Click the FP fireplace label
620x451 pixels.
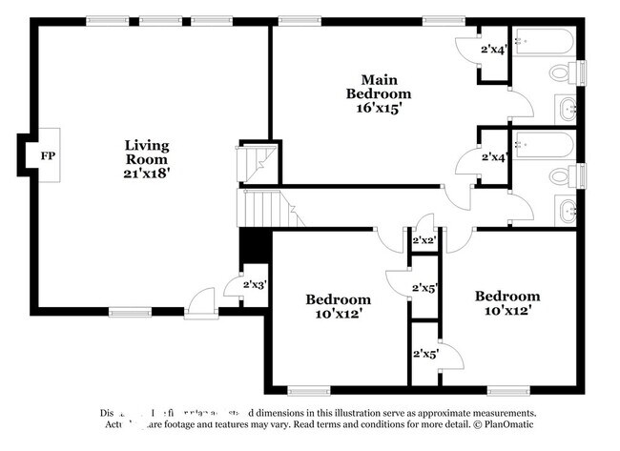46,154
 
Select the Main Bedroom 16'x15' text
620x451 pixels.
379,93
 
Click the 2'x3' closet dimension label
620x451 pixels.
254,284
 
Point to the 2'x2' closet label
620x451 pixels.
423,240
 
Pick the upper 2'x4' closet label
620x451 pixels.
492,50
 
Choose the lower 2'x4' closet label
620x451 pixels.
492,156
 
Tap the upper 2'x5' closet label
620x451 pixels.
424,287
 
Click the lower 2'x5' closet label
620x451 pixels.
424,355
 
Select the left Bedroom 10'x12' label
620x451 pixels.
338,305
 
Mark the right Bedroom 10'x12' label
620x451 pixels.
507,302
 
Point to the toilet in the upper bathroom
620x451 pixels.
564,73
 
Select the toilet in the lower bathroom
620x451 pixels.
564,177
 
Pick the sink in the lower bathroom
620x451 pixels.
567,211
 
